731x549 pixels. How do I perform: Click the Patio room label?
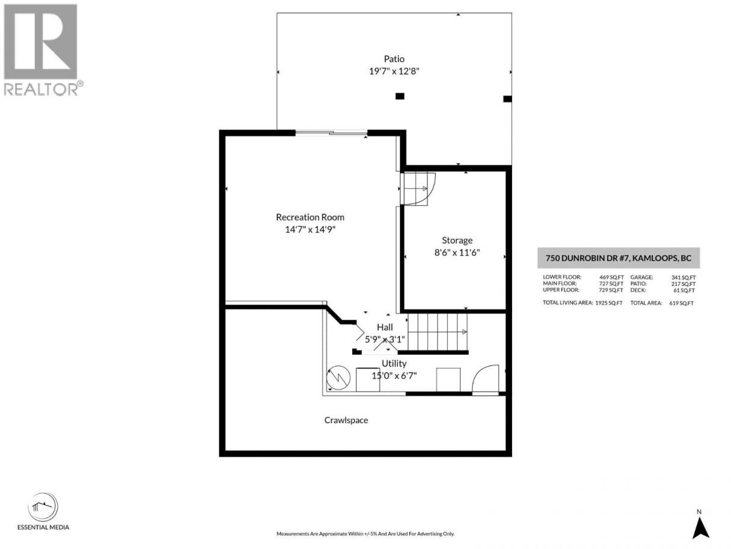pyautogui.click(x=394, y=59)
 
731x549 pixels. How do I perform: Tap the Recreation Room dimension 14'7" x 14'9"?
pyautogui.click(x=310, y=230)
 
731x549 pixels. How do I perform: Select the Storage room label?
pyautogui.click(x=457, y=240)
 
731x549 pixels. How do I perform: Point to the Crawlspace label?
pyautogui.click(x=346, y=420)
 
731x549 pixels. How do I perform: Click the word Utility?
pyautogui.click(x=394, y=364)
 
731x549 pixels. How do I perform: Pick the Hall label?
pyautogui.click(x=385, y=327)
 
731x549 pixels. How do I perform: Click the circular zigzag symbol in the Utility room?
pyautogui.click(x=338, y=377)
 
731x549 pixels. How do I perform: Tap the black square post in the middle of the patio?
pyautogui.click(x=400, y=96)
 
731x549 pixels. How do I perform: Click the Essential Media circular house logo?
pyautogui.click(x=43, y=507)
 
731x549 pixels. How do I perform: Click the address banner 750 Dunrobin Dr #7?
pyautogui.click(x=619, y=258)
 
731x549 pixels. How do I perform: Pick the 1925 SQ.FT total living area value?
pyautogui.click(x=609, y=303)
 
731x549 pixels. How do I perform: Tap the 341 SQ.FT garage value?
pyautogui.click(x=684, y=278)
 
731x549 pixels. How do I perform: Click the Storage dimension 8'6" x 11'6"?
pyautogui.click(x=457, y=252)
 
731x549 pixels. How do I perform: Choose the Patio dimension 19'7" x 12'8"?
pyautogui.click(x=394, y=71)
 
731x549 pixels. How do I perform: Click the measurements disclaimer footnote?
pyautogui.click(x=365, y=534)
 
